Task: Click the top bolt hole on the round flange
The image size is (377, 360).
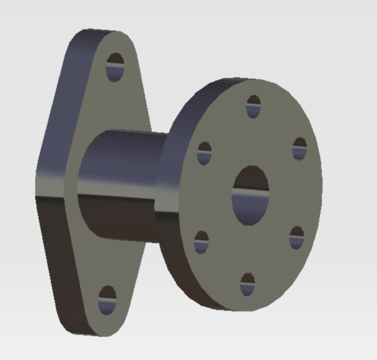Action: (254, 106)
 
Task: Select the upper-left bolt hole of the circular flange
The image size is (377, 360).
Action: (205, 153)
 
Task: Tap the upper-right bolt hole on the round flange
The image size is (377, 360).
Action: (300, 148)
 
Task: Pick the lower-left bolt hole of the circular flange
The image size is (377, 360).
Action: (201, 242)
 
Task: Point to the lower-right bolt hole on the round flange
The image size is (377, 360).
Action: (297, 237)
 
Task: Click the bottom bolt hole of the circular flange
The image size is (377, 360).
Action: (247, 284)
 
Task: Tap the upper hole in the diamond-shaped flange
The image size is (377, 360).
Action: (115, 67)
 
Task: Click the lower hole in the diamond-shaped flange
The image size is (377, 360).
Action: (107, 299)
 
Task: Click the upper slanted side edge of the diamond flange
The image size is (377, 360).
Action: (62, 101)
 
